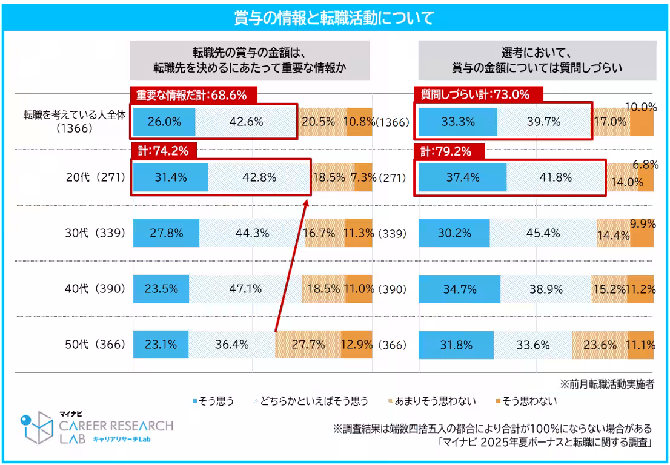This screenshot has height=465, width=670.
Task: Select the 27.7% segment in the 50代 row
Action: [308, 345]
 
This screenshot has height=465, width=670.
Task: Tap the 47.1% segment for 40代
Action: [245, 289]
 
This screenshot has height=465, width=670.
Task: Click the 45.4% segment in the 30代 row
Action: [543, 233]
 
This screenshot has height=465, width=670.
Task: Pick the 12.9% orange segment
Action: [357, 345]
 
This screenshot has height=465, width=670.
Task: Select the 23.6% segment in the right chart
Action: [600, 345]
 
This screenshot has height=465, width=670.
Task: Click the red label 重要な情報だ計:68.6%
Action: [193, 94]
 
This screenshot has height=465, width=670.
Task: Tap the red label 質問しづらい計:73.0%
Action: [479, 94]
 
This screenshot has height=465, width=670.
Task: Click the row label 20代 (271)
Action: [96, 177]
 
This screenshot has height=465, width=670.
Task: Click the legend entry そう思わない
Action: [526, 401]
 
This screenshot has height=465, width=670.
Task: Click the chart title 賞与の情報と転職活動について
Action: [334, 18]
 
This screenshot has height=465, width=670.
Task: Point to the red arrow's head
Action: [307, 203]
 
